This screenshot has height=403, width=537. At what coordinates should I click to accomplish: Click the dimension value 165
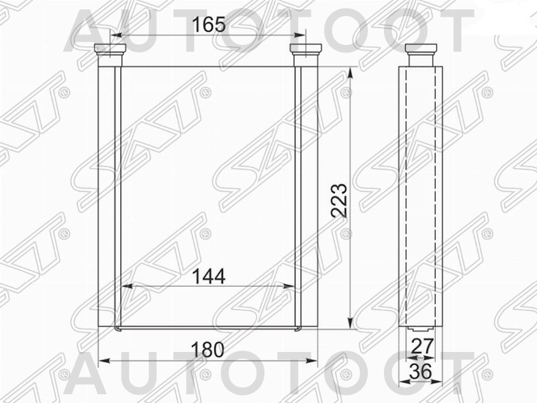tap(208, 26)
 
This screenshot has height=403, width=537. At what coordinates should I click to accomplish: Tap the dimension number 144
tap(208, 276)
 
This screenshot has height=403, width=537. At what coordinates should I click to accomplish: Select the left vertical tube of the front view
tap(110, 195)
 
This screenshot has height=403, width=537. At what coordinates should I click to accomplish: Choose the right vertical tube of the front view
tap(305, 195)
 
